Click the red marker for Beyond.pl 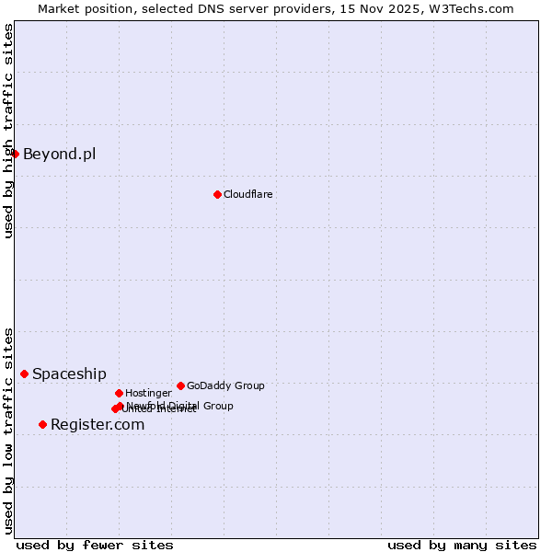(16, 154)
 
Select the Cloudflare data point (217, 194)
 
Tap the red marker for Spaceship (25, 374)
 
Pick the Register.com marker (42, 424)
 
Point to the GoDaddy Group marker (180, 385)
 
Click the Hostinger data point (119, 393)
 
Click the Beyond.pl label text (59, 154)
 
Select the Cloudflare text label (247, 194)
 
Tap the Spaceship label (69, 374)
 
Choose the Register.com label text (98, 424)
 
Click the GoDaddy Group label (225, 385)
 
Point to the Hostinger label (148, 393)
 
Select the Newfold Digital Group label (180, 405)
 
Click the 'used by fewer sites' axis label (95, 545)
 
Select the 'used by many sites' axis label (462, 545)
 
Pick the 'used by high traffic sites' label (8, 131)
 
